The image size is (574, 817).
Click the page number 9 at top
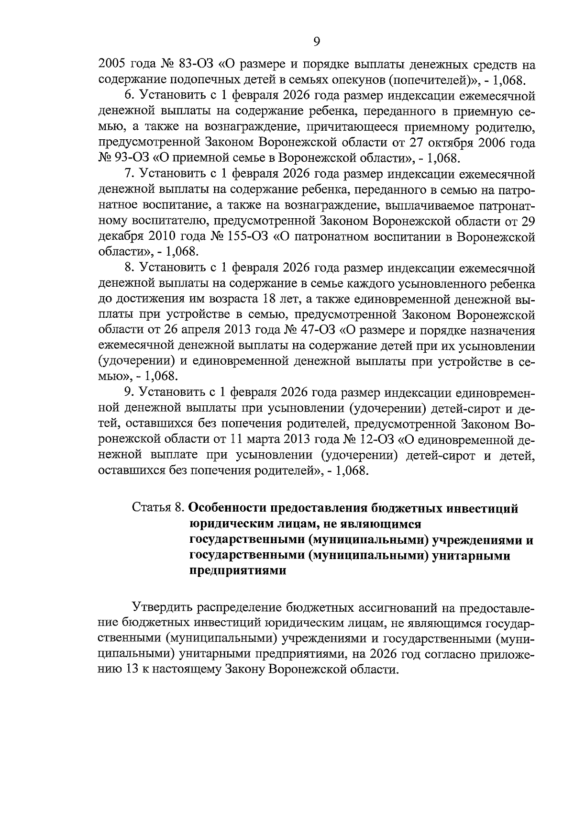(316, 42)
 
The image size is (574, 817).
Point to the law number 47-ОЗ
(320, 330)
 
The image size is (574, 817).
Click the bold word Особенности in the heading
(228, 508)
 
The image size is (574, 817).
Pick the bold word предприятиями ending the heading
(238, 571)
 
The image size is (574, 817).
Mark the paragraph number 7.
(127, 174)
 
